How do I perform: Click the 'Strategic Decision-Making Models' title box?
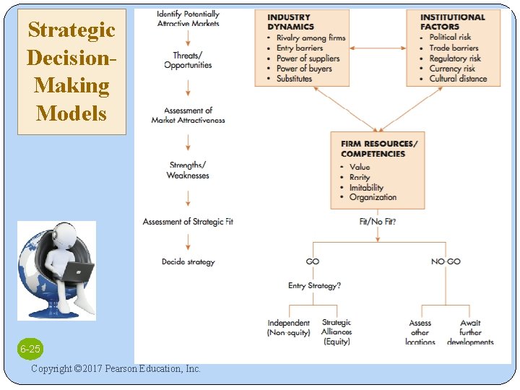[71, 71]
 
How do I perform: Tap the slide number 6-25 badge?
[30, 350]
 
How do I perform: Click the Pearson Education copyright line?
[116, 369]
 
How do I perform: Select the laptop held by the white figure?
[78, 272]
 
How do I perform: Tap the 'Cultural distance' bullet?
[458, 79]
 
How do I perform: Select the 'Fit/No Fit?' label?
[377, 222]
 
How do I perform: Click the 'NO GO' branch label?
[446, 261]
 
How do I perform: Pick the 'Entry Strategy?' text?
[314, 286]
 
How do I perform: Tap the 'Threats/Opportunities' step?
[188, 60]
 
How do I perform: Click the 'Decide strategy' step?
[188, 261]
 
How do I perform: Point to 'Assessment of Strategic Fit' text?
[188, 222]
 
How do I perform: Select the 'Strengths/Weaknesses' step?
[188, 170]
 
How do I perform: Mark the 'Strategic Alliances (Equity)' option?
[337, 332]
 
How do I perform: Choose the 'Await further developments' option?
[470, 332]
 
